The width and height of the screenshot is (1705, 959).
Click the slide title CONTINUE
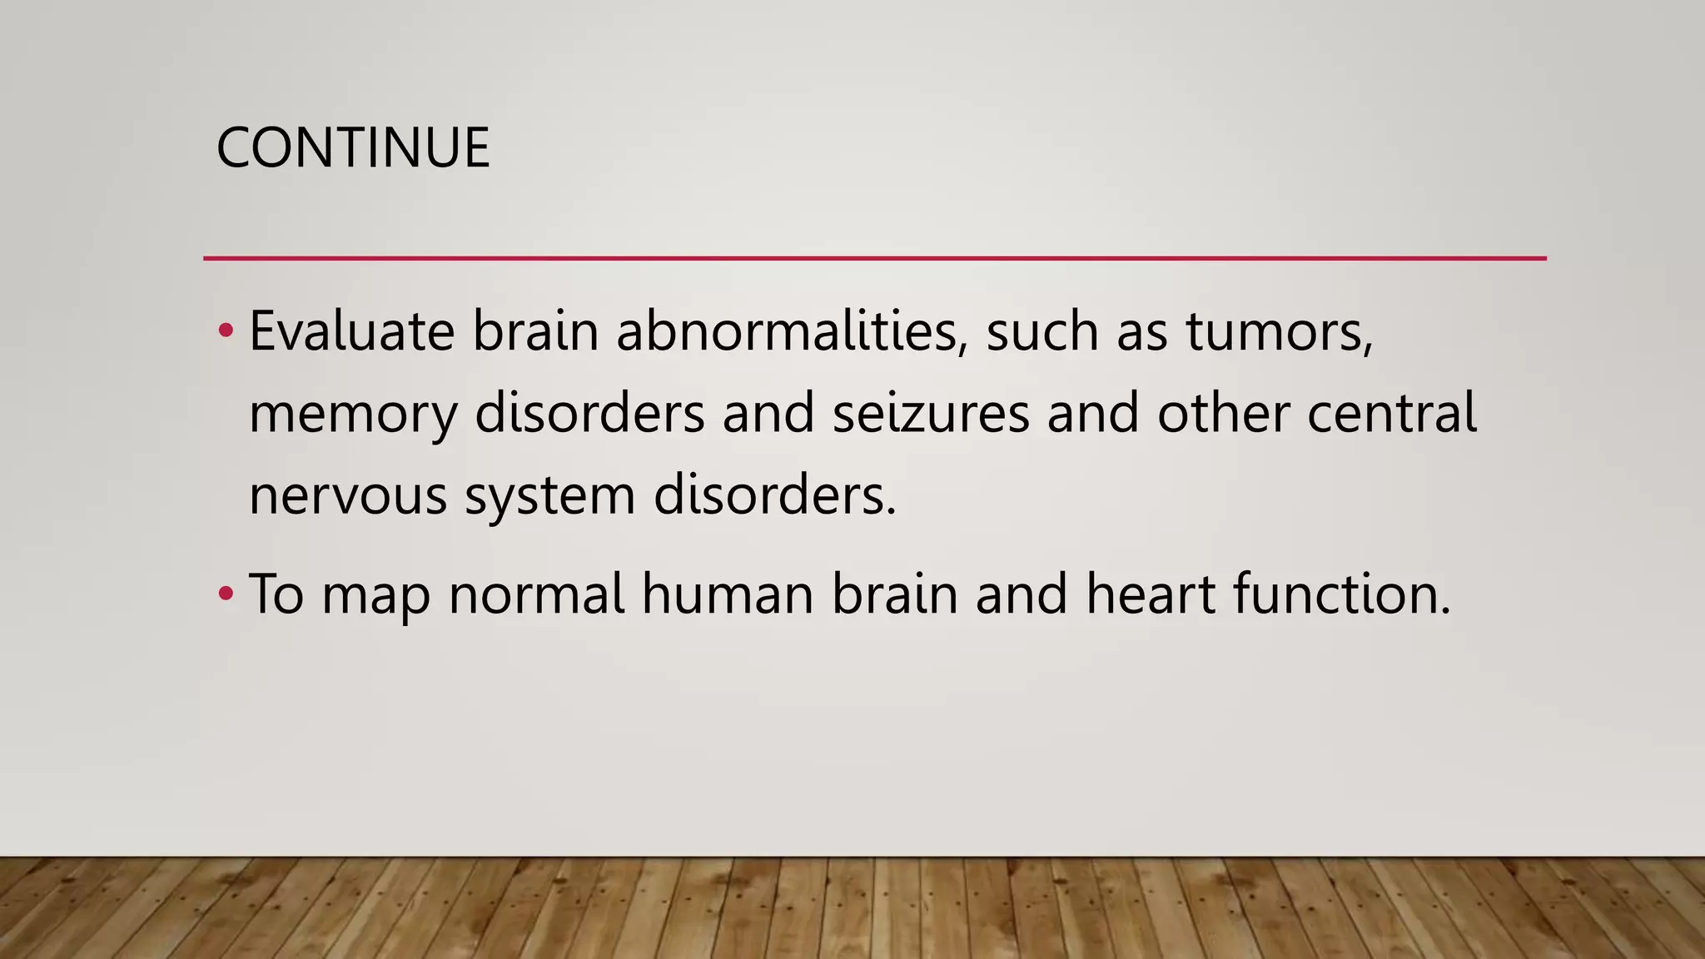[353, 148]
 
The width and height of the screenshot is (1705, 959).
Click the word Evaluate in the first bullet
[351, 331]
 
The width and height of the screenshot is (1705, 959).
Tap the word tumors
[1279, 331]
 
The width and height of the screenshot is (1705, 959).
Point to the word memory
[353, 415]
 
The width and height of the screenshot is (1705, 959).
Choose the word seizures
[931, 413]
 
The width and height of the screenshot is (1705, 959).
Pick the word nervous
[348, 496]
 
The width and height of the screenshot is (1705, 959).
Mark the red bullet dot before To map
[226, 594]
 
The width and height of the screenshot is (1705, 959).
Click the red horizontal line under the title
[874, 259]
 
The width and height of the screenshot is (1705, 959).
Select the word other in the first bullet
[1223, 413]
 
